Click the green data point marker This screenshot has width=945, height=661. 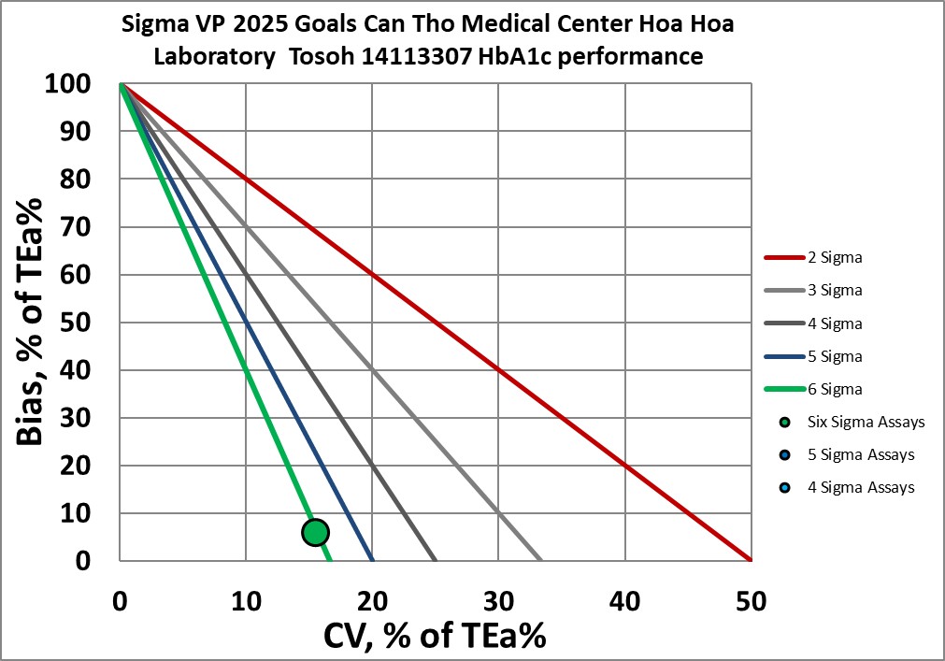pos(315,532)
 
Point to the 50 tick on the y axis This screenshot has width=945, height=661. pos(77,323)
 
